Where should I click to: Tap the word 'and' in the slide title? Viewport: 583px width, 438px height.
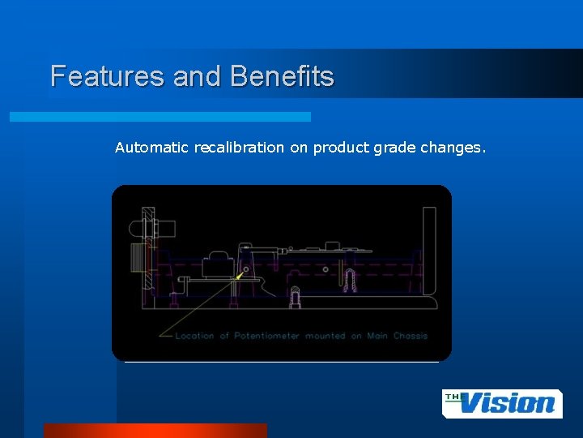click(x=189, y=76)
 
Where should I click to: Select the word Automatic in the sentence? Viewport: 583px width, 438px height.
click(x=151, y=148)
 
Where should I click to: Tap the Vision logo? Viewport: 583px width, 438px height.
click(x=502, y=403)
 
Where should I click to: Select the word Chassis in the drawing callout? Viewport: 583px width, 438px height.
click(x=410, y=336)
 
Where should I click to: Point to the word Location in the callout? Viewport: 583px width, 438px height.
click(x=195, y=336)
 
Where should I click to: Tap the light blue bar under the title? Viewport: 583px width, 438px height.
click(x=160, y=117)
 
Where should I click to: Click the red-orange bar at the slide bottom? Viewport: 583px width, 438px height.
click(x=155, y=430)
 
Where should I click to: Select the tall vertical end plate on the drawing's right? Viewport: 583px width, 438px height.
click(x=428, y=251)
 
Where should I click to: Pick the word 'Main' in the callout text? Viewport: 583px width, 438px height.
click(x=377, y=336)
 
